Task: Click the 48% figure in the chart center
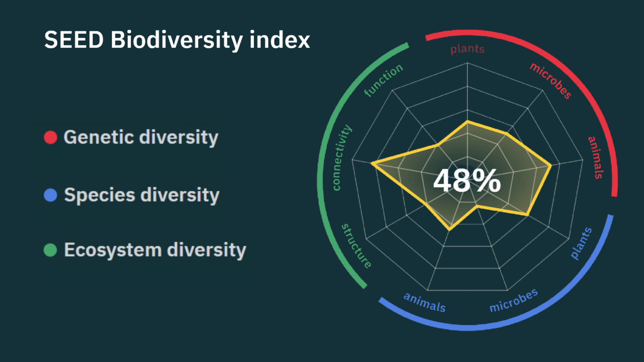coord(467,181)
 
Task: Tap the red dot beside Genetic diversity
coord(50,137)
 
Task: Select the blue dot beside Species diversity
coord(50,195)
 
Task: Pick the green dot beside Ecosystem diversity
coord(50,250)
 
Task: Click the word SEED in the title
coord(74,41)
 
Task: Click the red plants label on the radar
coord(467,49)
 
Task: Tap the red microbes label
coord(551,80)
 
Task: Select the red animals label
coord(596,157)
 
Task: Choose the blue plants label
coord(581,243)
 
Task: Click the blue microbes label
coord(513,300)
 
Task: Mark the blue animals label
coord(425,302)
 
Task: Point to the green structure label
coord(356,245)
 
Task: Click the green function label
coord(383,80)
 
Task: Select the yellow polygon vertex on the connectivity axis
coord(372,163)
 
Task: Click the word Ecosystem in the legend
coord(113,250)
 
